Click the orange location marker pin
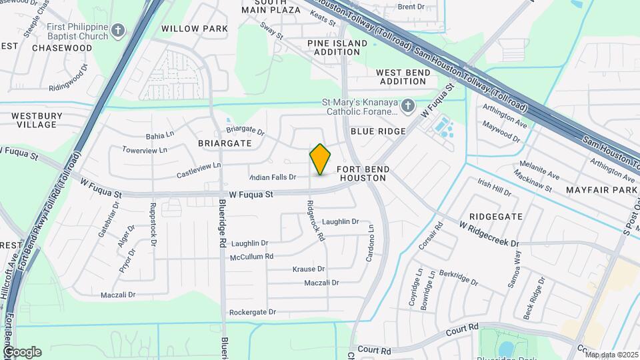coord(321,159)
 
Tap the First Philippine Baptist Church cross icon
coord(118,30)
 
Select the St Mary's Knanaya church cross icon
coord(409,105)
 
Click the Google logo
coord(22,352)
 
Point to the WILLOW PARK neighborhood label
coord(195,29)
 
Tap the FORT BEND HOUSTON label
coord(363,174)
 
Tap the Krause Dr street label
coord(309,269)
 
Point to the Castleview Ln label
coord(199,170)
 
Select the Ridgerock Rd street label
coord(315,221)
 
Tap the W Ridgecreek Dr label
coord(489,234)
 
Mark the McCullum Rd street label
coord(251,256)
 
